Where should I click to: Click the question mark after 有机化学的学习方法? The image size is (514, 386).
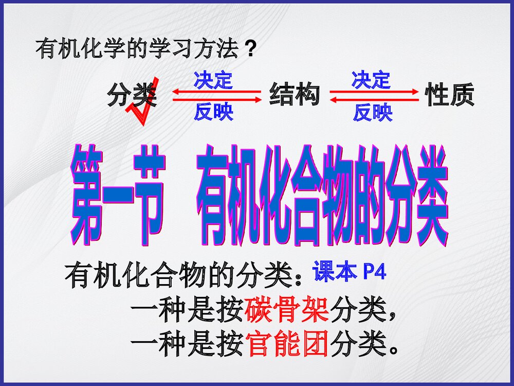pyautogui.click(x=249, y=50)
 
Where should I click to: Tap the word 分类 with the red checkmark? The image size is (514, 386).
pyautogui.click(x=132, y=95)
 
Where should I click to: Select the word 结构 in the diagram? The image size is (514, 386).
pyautogui.click(x=295, y=95)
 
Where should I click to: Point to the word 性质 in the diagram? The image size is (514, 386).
pyautogui.click(x=449, y=95)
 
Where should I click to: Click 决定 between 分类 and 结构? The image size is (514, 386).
pyautogui.click(x=213, y=81)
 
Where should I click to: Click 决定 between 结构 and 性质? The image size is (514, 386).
pyautogui.click(x=371, y=80)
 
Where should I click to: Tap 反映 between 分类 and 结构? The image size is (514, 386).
pyautogui.click(x=213, y=112)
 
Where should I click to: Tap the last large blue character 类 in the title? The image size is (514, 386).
pyautogui.click(x=423, y=194)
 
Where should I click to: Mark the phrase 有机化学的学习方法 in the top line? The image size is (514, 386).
pyautogui.click(x=137, y=50)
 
